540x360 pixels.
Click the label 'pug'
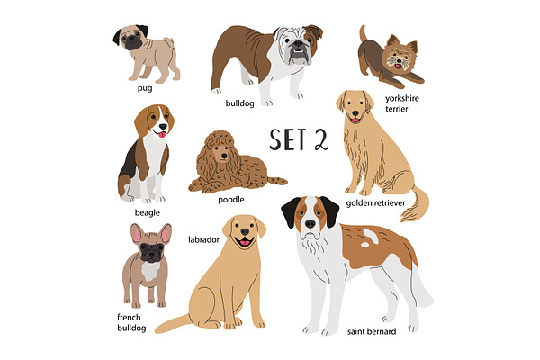[145, 88]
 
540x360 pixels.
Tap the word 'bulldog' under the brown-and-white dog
[239, 103]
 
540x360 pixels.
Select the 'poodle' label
[231, 200]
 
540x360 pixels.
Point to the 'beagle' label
[148, 213]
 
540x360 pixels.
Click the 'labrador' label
[204, 239]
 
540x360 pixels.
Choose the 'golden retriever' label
[375, 203]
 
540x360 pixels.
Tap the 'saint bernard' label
[372, 331]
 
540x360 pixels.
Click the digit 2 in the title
[321, 139]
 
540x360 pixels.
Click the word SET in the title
[288, 139]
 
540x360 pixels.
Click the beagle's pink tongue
[162, 134]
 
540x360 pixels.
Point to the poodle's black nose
[224, 156]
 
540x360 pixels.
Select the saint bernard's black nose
[310, 224]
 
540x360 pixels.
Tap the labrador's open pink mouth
[245, 242]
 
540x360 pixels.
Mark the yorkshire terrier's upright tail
[363, 33]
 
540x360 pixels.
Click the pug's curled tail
[169, 43]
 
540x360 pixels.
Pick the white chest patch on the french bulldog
[150, 271]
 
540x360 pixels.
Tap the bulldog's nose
[298, 44]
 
